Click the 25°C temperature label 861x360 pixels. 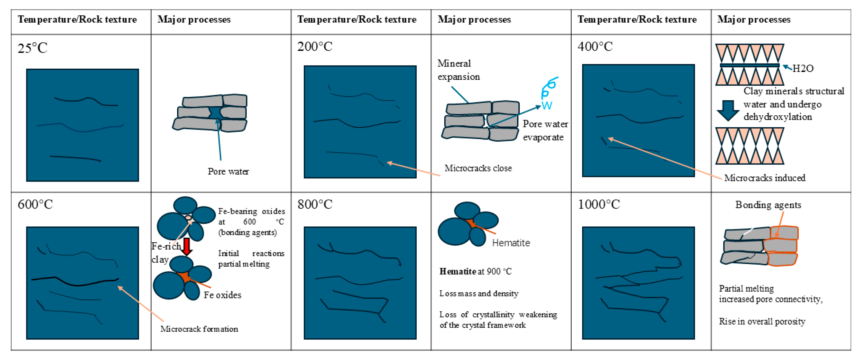coord(32,48)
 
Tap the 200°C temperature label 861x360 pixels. coord(315,47)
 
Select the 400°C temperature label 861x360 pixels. coord(595,47)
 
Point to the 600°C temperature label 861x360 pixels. coord(35,204)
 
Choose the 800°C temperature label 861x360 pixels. coord(315,204)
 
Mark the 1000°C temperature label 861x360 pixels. coord(599,204)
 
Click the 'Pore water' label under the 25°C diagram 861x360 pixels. coord(228,171)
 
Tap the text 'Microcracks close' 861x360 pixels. coord(478,168)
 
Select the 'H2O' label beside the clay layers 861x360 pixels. coord(803,69)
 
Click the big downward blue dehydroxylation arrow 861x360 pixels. coord(728,110)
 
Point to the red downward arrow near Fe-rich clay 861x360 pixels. coord(187,247)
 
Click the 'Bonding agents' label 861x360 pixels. coord(768,205)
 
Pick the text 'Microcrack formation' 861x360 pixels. coord(199,329)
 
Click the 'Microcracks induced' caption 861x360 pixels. coord(765,178)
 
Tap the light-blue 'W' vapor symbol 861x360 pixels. coord(547,106)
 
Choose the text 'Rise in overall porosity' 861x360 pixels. coord(762,321)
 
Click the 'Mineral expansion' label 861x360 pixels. coord(459,70)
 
